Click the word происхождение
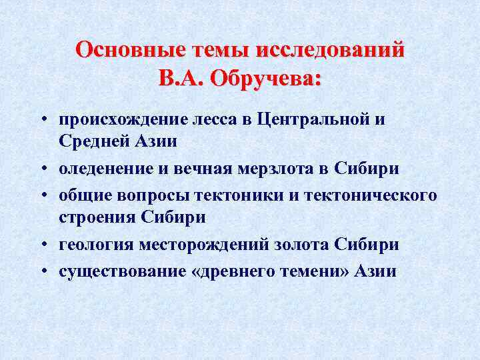(x=123, y=120)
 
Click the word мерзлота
(x=275, y=169)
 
